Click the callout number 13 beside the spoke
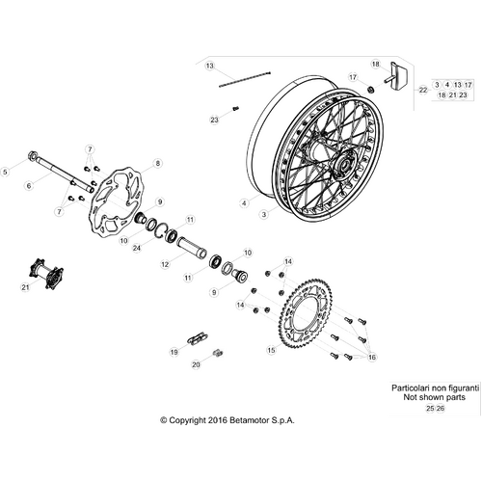(210, 66)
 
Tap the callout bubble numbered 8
(157, 163)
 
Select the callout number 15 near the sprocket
(272, 350)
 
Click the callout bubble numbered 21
(25, 287)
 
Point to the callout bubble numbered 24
(137, 248)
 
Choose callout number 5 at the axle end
(5, 172)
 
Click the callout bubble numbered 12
(165, 264)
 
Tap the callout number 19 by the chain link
(174, 352)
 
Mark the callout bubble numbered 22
(423, 90)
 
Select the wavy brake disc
(117, 202)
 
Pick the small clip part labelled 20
(218, 353)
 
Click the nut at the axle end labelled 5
(33, 156)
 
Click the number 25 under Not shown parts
(430, 409)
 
